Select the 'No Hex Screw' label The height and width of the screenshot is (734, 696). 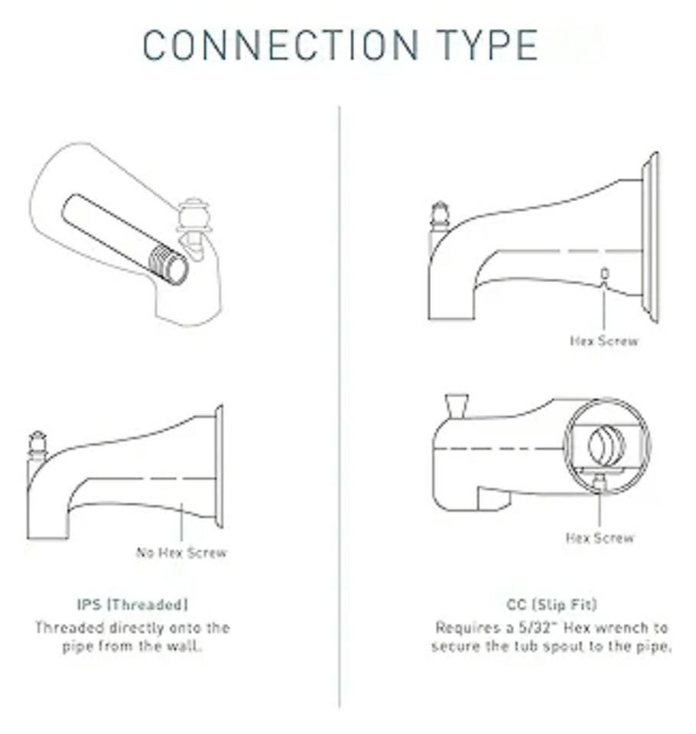(x=181, y=552)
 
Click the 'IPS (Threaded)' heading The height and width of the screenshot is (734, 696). (x=132, y=605)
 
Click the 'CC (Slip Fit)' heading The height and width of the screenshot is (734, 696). (x=551, y=605)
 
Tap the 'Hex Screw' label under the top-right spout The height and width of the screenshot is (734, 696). (x=603, y=340)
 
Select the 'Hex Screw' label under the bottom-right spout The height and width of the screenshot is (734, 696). (x=600, y=538)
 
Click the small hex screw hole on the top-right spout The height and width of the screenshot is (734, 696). (x=604, y=273)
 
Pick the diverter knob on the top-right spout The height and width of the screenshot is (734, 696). (x=440, y=216)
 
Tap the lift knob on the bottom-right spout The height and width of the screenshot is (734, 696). (x=457, y=405)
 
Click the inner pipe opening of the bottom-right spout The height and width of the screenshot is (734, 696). (x=607, y=445)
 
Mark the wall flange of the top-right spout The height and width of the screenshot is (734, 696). (x=651, y=237)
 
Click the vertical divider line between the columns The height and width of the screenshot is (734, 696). (x=340, y=405)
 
